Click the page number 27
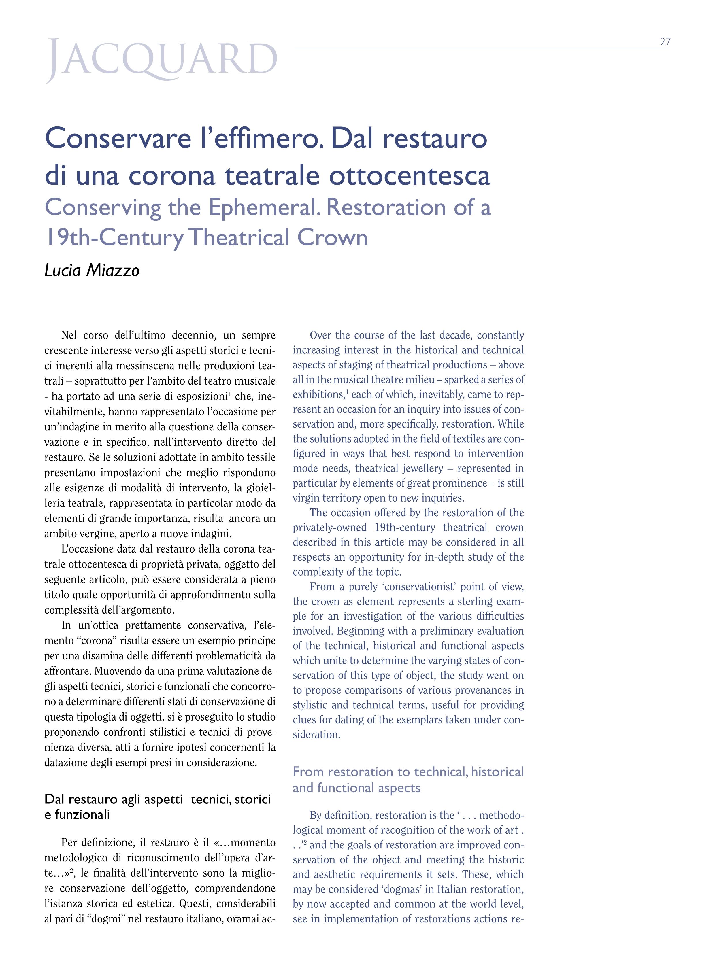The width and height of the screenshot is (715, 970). pos(665,42)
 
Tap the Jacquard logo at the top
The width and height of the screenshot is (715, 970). pos(161,60)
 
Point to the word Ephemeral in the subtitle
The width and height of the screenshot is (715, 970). pos(265,208)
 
